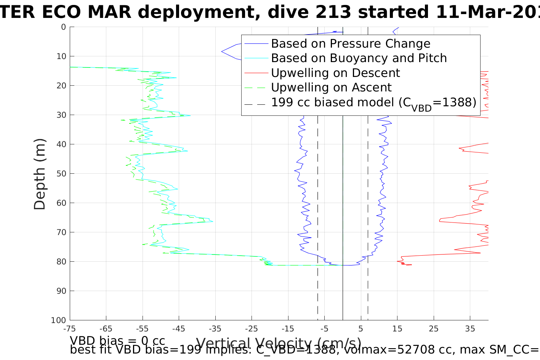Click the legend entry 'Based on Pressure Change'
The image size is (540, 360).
click(350, 44)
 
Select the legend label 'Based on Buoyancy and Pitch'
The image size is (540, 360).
click(359, 58)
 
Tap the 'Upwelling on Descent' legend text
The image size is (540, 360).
click(335, 73)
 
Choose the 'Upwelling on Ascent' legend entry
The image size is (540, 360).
click(331, 87)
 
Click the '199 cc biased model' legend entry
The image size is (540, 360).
click(373, 102)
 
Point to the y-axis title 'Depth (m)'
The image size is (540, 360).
click(40, 174)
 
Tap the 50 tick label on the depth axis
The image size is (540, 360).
click(61, 174)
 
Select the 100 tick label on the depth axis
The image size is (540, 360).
click(59, 320)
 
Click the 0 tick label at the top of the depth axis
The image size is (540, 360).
click(63, 27)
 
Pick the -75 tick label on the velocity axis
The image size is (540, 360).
click(70, 329)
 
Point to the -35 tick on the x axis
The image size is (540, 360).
click(215, 329)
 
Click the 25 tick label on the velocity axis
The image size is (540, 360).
click(434, 329)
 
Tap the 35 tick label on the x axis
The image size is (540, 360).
click(470, 329)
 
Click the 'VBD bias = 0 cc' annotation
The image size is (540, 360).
click(117, 341)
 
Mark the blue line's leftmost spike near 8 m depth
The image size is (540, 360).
click(222, 51)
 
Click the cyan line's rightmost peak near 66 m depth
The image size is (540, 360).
click(213, 221)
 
